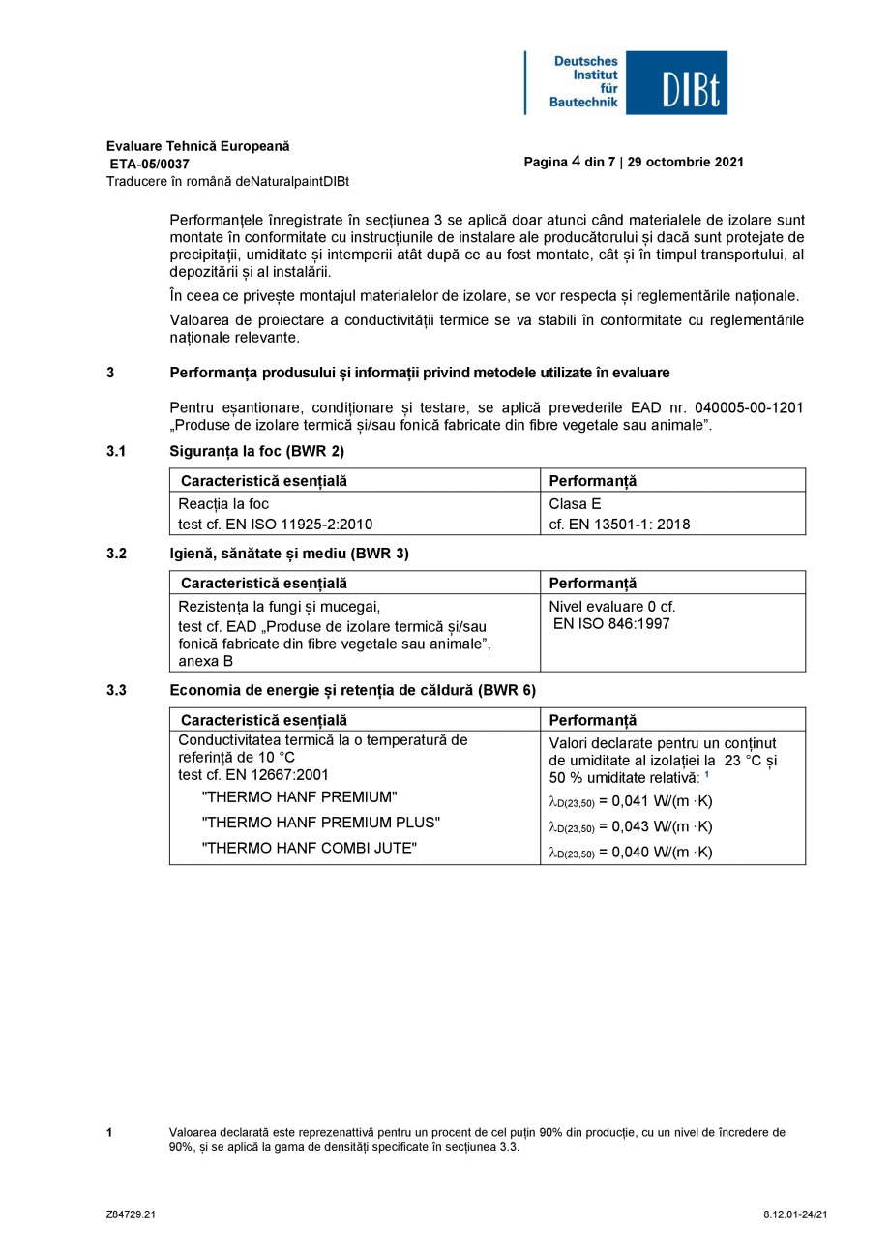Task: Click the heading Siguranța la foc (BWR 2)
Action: pos(256,451)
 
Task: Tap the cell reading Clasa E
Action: pos(575,504)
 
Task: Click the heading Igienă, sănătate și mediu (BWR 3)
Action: pos(289,554)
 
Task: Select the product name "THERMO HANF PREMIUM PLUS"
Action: pos(320,823)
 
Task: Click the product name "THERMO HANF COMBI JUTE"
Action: pos(309,849)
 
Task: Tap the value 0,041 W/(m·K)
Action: pos(662,801)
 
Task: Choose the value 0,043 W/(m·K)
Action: pos(662,826)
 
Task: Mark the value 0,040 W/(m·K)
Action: pos(662,853)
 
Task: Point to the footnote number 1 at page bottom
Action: pos(109,1132)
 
